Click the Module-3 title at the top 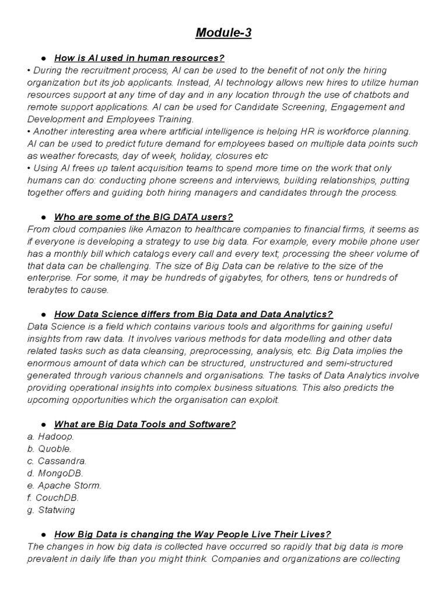coord(223,33)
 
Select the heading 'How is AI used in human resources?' coord(139,58)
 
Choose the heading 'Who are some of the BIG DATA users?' coord(143,217)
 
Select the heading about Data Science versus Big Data coord(193,314)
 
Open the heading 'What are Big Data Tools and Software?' coord(145,424)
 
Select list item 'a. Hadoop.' coord(51,436)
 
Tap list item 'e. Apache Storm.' coord(64,485)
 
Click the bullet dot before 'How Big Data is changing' coord(44,534)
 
